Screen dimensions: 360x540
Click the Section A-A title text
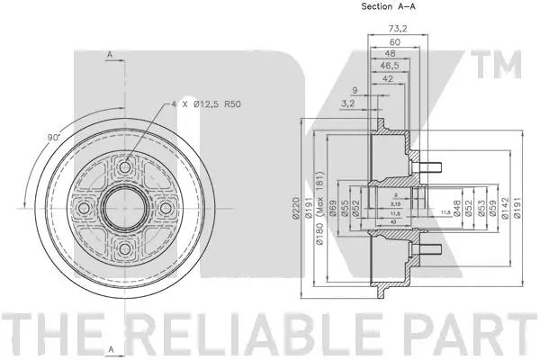(390, 7)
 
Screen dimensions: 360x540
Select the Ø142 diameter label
(505, 212)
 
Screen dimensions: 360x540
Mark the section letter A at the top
(109, 56)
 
